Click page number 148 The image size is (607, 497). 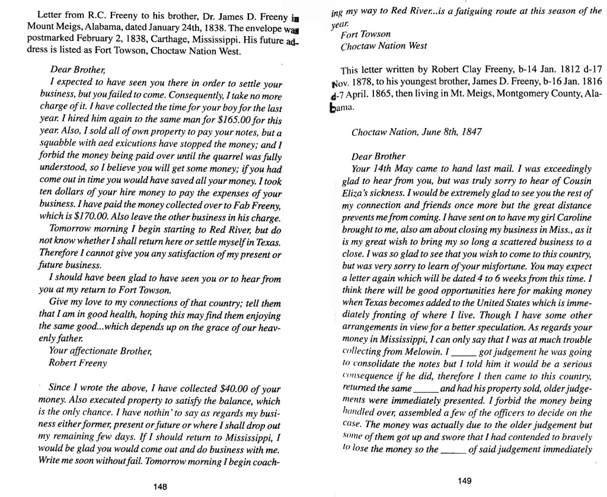159,486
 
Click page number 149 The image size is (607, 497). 465,481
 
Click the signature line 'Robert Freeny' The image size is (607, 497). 78,362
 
